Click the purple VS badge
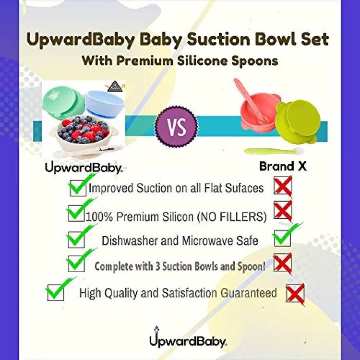click(176, 127)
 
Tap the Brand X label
click(283, 166)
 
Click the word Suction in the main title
click(218, 39)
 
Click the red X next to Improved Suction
click(283, 186)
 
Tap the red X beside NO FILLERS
click(283, 211)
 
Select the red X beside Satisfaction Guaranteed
click(296, 295)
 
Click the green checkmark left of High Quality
click(59, 288)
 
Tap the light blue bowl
click(105, 103)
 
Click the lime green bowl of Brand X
click(301, 122)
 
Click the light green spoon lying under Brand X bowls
click(274, 151)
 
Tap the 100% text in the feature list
click(99, 217)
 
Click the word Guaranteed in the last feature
click(249, 293)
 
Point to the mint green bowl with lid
click(63, 103)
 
